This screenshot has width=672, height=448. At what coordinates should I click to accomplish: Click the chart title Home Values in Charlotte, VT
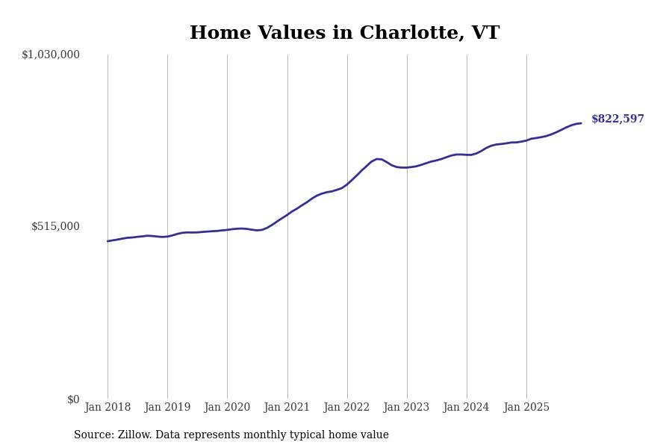click(344, 34)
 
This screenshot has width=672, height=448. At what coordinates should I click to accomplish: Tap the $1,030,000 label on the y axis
click(51, 55)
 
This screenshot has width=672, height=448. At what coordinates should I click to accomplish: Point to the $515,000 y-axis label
click(55, 226)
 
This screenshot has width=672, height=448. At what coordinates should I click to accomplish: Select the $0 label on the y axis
click(73, 399)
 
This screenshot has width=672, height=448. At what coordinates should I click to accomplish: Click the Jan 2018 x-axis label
click(108, 408)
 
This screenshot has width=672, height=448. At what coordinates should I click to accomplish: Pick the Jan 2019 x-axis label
click(167, 408)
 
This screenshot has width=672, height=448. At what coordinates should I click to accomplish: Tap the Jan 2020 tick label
click(227, 408)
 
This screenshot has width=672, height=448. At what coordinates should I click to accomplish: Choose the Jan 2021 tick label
click(287, 408)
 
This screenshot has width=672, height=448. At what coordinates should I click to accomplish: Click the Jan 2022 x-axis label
click(347, 408)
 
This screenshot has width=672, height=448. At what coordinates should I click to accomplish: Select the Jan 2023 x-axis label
click(407, 408)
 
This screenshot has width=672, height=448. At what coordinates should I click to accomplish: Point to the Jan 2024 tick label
click(467, 408)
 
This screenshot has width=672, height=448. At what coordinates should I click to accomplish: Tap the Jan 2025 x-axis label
click(526, 408)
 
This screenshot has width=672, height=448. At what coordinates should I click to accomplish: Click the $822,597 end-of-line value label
click(617, 119)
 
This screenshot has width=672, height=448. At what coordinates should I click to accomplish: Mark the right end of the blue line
click(581, 123)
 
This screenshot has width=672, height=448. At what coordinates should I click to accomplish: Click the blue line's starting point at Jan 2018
click(108, 241)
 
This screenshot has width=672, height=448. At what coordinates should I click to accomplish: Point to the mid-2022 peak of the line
click(378, 159)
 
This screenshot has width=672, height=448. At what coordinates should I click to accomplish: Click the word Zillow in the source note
click(134, 435)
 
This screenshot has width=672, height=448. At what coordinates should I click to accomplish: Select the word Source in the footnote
click(93, 435)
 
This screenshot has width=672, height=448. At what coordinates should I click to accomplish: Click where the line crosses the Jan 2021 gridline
click(287, 214)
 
